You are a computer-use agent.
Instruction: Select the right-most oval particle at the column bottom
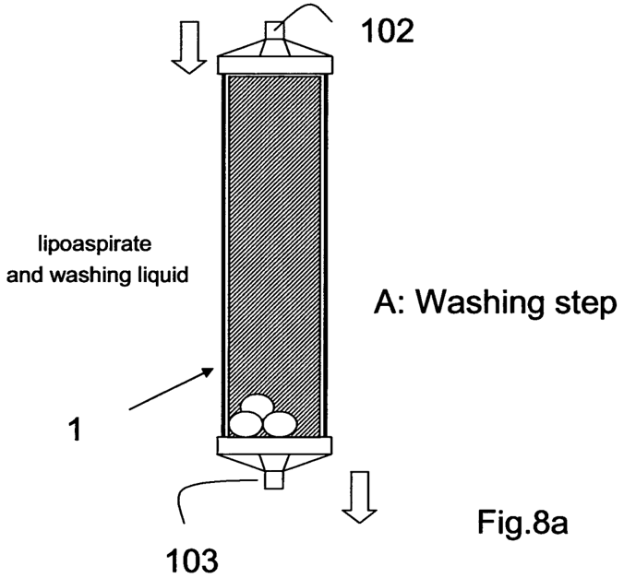click(279, 423)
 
